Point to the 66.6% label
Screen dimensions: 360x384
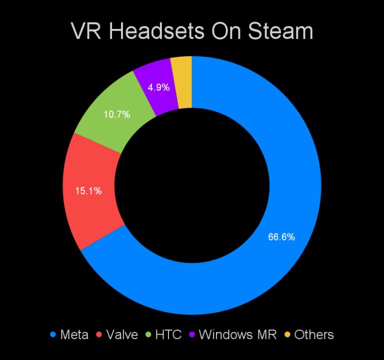pos(281,237)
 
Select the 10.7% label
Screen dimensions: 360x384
pos(117,114)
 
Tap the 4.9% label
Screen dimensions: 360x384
pos(158,87)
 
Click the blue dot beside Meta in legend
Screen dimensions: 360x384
pos(53,335)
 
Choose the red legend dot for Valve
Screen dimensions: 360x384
pos(99,335)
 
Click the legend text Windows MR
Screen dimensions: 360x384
pos(237,334)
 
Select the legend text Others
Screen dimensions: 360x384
pos(313,334)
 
